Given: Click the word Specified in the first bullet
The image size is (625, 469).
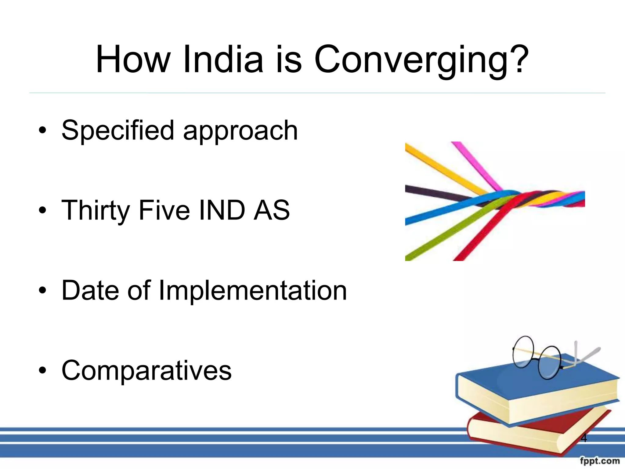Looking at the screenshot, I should click(x=117, y=131).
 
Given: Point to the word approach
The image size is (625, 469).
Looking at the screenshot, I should click(x=240, y=131).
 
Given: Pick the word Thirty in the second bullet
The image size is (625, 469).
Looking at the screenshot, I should click(x=96, y=211).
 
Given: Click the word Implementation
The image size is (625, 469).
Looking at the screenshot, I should click(x=253, y=291).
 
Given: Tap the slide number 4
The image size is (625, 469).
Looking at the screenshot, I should click(x=583, y=438).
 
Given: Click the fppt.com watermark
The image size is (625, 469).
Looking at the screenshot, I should click(x=600, y=461).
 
